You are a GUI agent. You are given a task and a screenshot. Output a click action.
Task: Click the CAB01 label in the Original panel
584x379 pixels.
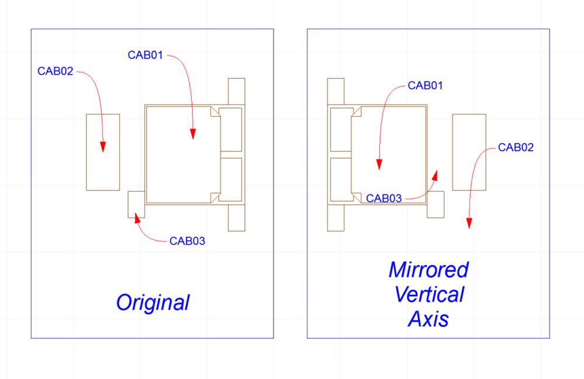point(145,55)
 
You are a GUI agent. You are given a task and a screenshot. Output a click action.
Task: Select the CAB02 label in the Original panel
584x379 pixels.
point(55,71)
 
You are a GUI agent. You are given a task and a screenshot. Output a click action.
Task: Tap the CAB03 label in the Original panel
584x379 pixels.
point(187,241)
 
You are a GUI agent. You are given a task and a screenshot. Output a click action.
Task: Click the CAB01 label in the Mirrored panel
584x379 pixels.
point(425,85)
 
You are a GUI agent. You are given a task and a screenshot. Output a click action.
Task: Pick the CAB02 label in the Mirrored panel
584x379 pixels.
point(516,147)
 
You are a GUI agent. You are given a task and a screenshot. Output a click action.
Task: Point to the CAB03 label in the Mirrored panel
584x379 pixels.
point(383,199)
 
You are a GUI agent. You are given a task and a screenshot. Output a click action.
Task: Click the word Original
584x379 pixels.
point(153,302)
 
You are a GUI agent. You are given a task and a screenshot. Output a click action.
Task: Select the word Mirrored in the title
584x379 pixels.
point(429,270)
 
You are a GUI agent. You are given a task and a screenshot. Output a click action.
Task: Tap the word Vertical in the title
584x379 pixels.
point(429,294)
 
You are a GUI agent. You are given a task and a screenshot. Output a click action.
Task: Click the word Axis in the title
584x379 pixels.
point(429,319)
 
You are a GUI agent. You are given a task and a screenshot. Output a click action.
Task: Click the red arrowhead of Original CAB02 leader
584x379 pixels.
point(103,147)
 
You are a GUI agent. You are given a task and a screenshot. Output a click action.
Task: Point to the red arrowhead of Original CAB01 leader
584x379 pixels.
point(192,134)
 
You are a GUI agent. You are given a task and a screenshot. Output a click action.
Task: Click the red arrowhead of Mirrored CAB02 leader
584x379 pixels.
point(469,224)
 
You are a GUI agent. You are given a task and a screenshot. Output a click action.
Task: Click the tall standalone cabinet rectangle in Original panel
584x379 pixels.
point(103,152)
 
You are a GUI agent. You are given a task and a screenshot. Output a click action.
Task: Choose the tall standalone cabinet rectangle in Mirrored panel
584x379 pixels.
point(469,152)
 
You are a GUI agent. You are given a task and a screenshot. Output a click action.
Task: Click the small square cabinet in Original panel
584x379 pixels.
point(136,204)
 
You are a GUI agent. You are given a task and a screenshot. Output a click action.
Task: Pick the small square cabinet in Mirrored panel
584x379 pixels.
point(436,204)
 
